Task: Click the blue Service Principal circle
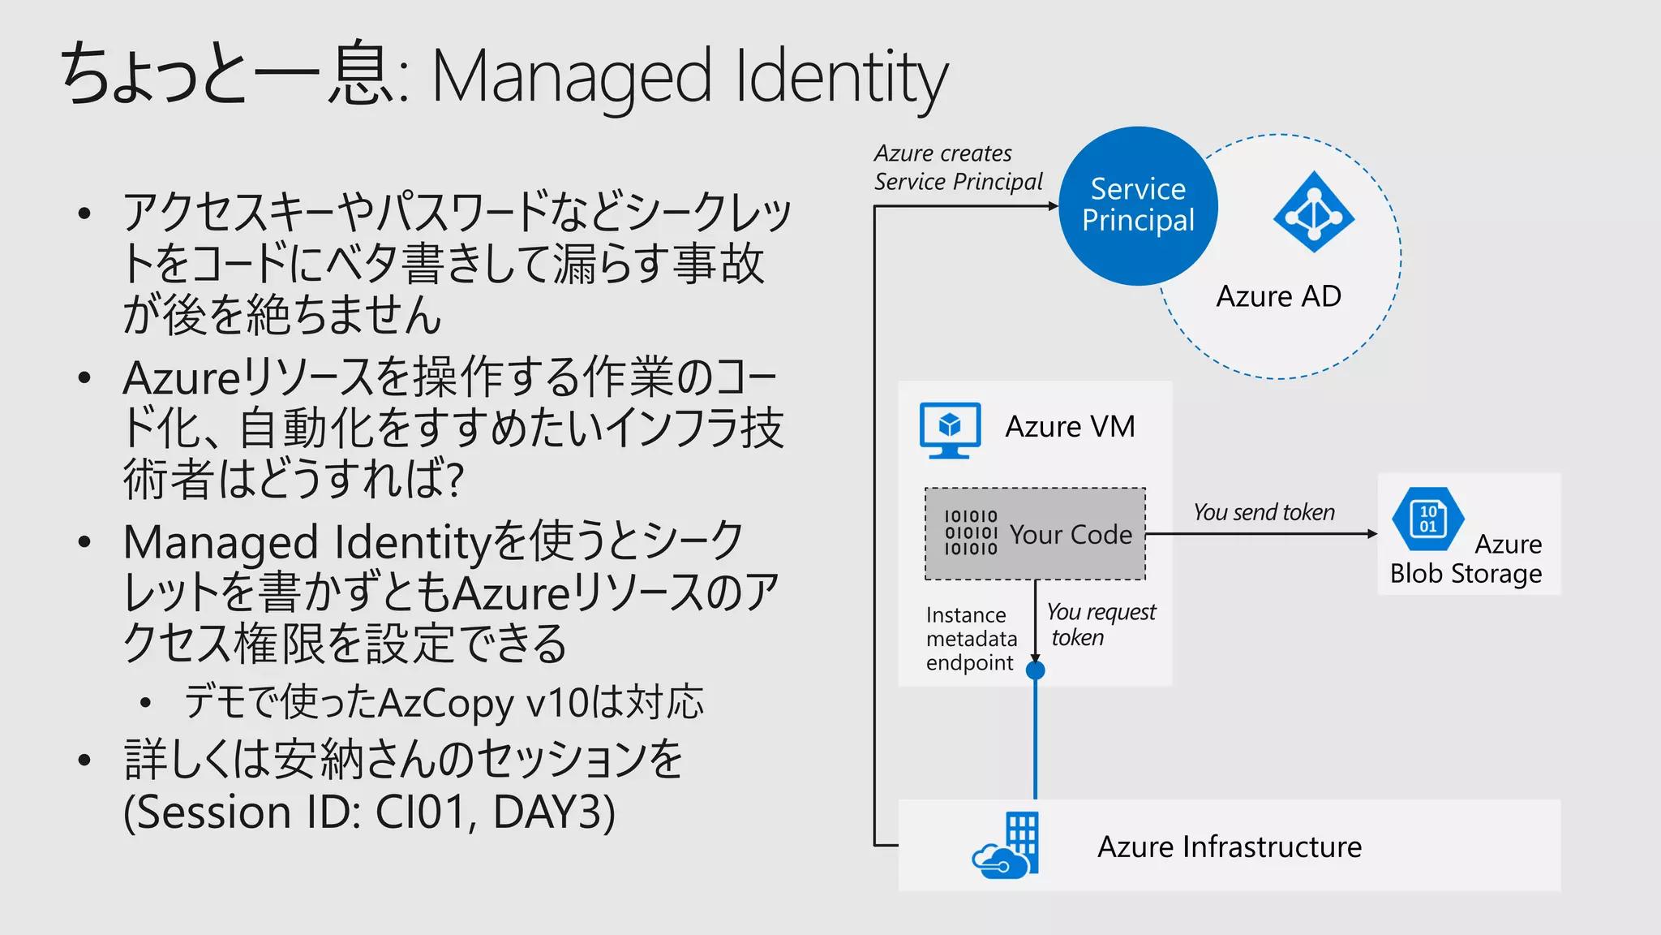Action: coord(1138,205)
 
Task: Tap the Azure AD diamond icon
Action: coord(1313,213)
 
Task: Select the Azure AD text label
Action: coord(1278,296)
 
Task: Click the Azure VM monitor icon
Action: coord(950,429)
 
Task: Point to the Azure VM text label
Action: coord(1070,427)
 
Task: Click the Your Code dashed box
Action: coord(1035,533)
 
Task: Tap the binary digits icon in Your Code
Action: coord(971,532)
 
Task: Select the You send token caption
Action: coord(1264,512)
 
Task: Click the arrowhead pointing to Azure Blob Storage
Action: coord(1372,534)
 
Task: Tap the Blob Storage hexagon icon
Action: coord(1427,519)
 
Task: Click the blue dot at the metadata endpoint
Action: coord(1035,670)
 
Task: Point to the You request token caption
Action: coord(1100,624)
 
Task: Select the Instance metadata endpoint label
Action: coord(971,639)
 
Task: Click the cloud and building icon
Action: coord(1006,846)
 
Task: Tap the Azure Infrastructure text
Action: coord(1230,847)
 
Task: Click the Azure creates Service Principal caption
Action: coord(957,167)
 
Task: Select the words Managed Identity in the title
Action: coord(689,77)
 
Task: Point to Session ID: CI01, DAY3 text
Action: coord(370,812)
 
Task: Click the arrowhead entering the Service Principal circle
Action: coord(1053,206)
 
